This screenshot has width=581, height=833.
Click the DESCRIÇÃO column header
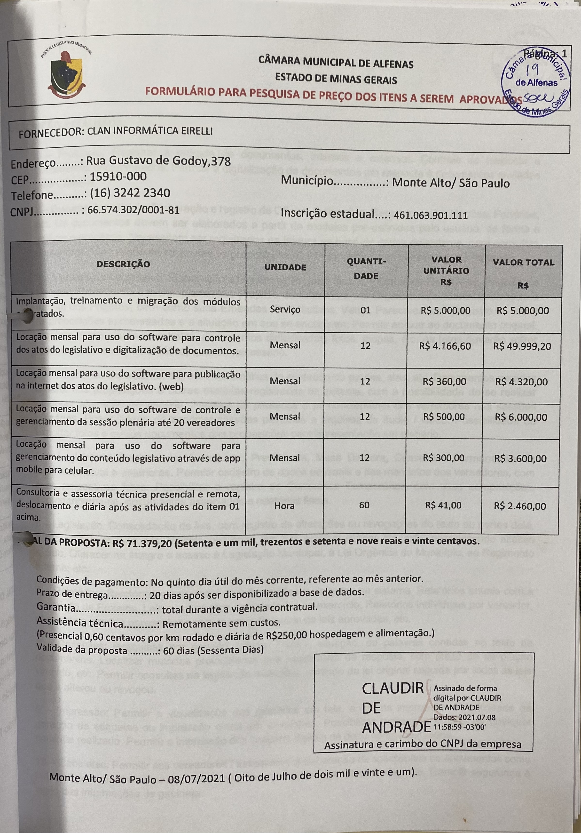click(123, 264)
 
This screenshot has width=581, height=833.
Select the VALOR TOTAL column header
click(523, 262)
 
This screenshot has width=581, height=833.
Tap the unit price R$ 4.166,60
click(445, 346)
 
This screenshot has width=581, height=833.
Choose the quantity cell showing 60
click(364, 505)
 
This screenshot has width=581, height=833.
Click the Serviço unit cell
click(285, 310)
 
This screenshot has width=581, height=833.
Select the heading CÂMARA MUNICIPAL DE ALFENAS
click(336, 64)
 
